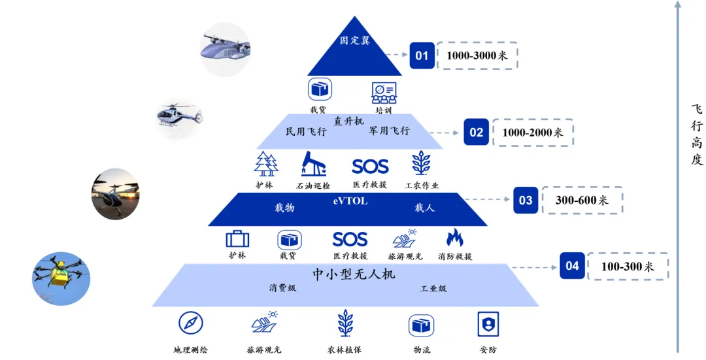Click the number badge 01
422,56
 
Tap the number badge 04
572,266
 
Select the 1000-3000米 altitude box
477,56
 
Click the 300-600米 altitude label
581,201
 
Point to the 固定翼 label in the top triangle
354,41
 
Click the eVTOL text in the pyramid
350,201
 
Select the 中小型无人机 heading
354,274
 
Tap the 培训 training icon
384,92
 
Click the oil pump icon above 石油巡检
313,164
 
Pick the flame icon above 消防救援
454,238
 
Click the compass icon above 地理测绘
191,323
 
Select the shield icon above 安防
488,324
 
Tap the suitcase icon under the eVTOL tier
237,239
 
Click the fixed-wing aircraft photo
224,48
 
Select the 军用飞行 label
389,131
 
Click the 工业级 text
433,288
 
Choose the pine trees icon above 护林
266,164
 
